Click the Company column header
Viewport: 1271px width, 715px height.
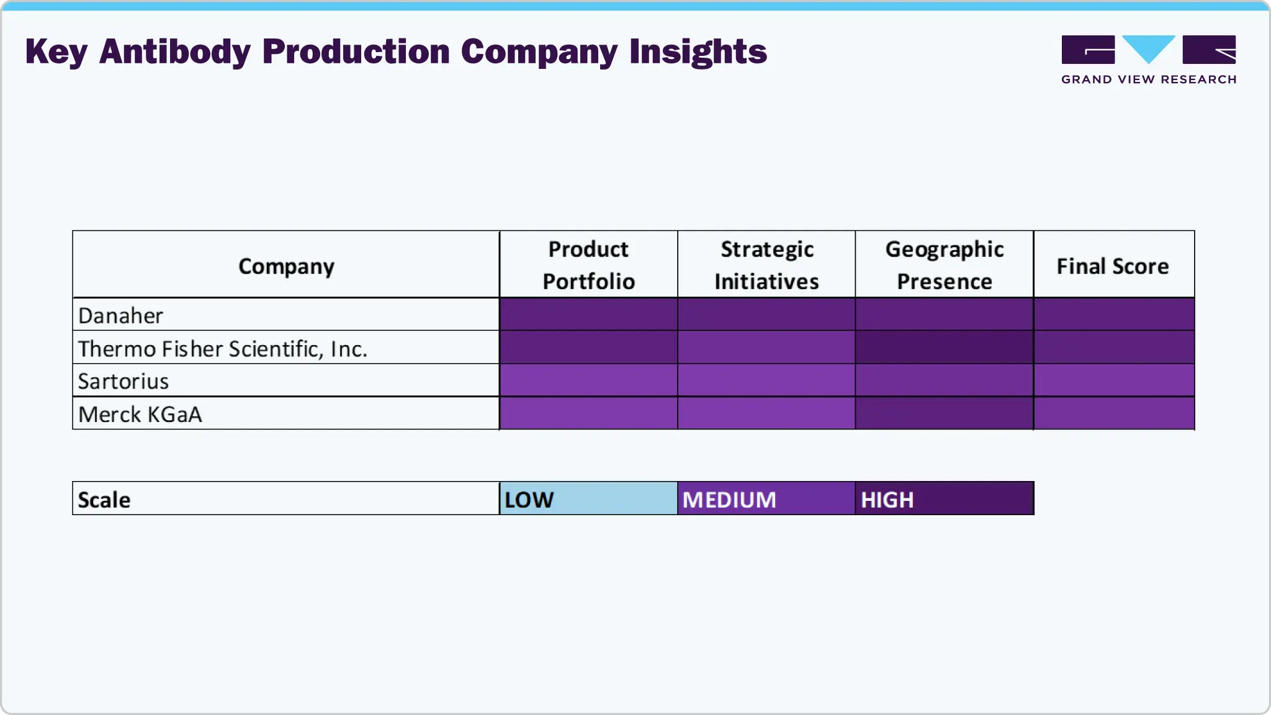click(286, 266)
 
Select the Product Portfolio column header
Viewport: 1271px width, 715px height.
click(588, 265)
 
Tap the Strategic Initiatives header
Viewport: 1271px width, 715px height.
click(766, 265)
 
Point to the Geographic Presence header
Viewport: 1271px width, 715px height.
click(944, 265)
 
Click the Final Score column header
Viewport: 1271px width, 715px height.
click(1113, 266)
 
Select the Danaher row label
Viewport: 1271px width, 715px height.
click(121, 315)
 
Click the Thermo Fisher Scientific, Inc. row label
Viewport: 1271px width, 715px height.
click(223, 348)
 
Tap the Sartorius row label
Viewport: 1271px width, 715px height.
click(124, 381)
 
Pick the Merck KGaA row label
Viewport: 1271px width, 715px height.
click(140, 414)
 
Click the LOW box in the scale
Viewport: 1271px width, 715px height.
click(588, 499)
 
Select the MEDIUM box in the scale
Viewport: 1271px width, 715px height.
click(766, 499)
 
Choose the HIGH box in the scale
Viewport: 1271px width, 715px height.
click(944, 499)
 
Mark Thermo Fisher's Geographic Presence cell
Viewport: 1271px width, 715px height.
click(944, 347)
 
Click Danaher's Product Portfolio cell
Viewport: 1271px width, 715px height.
click(588, 314)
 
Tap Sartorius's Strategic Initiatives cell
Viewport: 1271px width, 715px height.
click(766, 380)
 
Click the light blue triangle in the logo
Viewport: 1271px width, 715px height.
click(1149, 47)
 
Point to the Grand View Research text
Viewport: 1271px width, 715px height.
click(1149, 79)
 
